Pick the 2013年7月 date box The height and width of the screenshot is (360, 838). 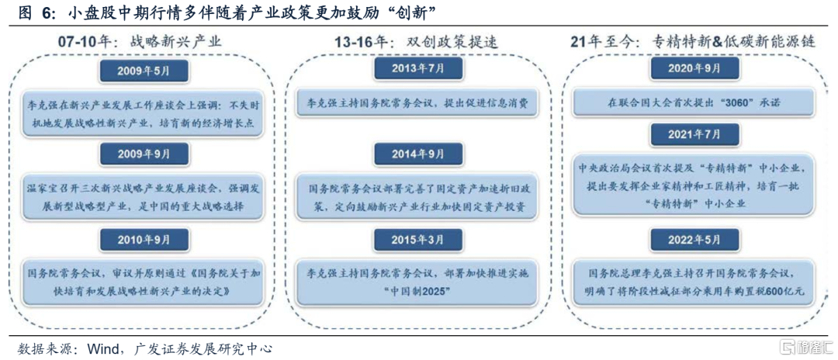tap(417, 69)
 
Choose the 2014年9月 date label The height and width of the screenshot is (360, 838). tap(417, 154)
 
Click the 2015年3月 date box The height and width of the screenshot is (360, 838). tap(417, 240)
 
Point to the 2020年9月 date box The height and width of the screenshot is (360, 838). tap(694, 68)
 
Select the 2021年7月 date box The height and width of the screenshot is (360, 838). tap(694, 134)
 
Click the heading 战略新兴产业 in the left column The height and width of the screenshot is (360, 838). tap(176, 42)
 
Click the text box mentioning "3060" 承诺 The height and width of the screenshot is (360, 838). tap(693, 102)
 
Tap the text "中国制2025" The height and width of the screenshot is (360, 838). tap(417, 292)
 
